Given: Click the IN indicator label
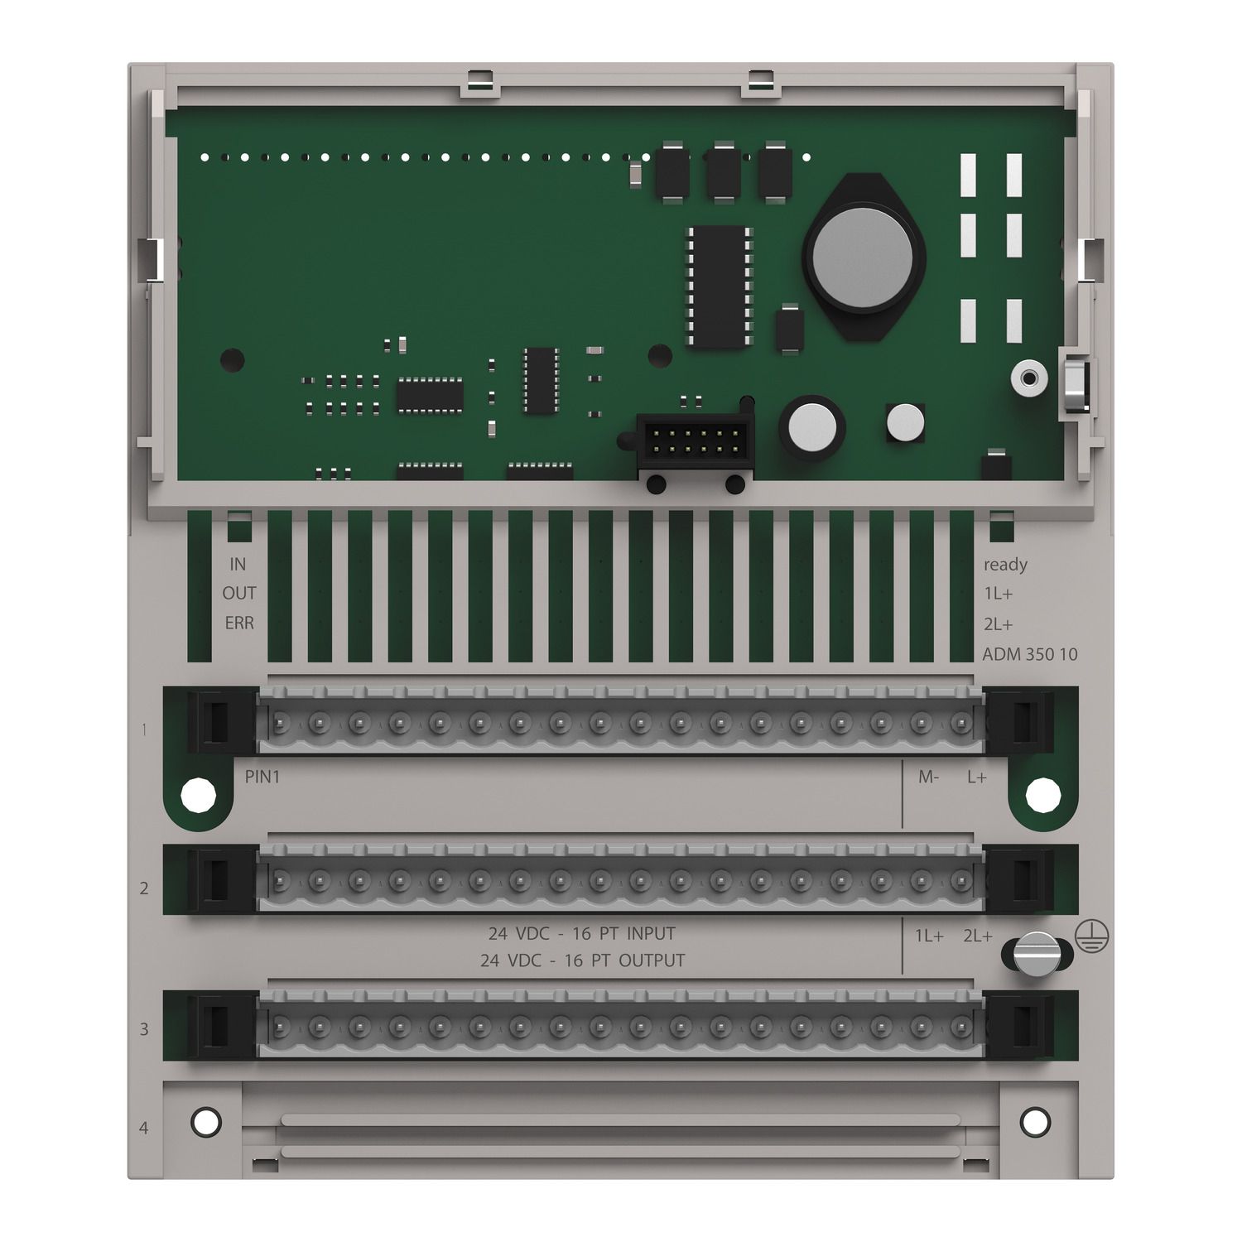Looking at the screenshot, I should point(238,564).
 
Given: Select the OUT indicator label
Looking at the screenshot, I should point(239,594).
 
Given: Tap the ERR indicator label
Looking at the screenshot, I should point(239,623).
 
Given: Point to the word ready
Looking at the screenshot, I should point(1005,565).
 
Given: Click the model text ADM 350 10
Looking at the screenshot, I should point(1030,654).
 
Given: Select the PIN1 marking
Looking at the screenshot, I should point(262,777).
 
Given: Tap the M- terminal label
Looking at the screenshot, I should point(929,777).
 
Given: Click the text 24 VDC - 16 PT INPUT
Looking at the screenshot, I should point(582,934).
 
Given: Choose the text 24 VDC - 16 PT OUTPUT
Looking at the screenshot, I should point(583,960).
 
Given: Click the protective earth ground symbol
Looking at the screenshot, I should point(1092,935).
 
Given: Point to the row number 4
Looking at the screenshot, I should point(144,1128).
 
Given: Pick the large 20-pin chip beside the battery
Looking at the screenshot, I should point(719,286).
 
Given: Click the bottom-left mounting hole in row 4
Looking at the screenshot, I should point(205,1122).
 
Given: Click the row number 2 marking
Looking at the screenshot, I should point(144,888).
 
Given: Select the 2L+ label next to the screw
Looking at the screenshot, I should point(977,936).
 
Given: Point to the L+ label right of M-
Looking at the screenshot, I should point(977,777).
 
